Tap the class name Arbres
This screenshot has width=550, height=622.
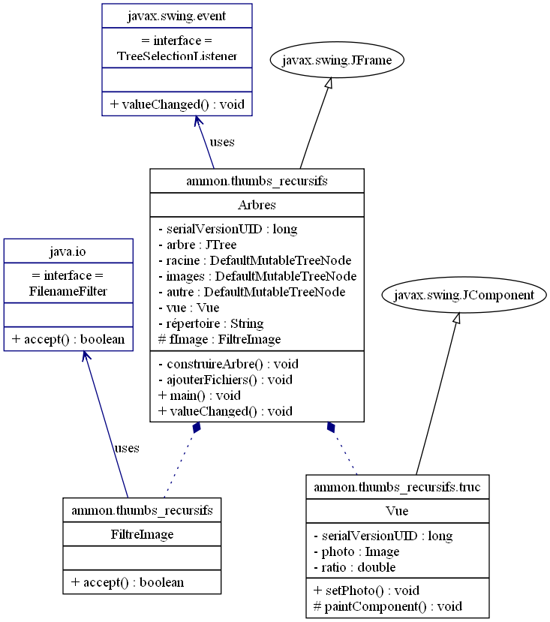(x=257, y=206)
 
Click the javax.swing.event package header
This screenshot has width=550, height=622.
(x=177, y=15)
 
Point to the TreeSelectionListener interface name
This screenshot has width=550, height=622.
(x=177, y=56)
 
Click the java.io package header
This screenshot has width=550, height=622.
(x=68, y=251)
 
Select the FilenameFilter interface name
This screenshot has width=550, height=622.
(x=68, y=291)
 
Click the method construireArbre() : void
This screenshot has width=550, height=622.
(x=228, y=364)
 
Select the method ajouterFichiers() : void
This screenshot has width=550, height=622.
(x=225, y=380)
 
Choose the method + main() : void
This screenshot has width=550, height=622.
(x=199, y=395)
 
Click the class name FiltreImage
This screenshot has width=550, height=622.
(x=142, y=534)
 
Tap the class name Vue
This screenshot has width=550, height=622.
(x=397, y=510)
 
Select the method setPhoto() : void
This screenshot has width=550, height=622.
(x=365, y=590)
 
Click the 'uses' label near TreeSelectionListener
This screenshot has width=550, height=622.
(x=222, y=142)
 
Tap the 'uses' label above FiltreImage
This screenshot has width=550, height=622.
(x=126, y=448)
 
